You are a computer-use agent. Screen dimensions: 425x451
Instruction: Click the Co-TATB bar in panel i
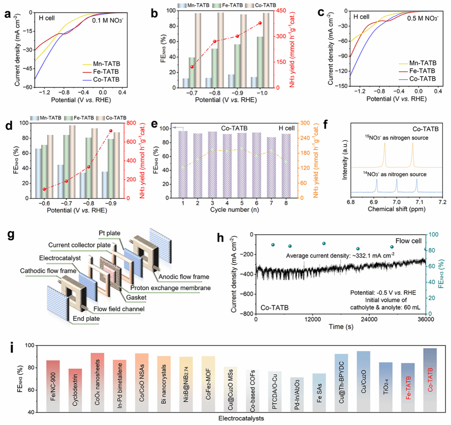[x=430, y=380]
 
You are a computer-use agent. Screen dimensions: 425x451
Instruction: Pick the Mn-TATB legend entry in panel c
[x=423, y=63]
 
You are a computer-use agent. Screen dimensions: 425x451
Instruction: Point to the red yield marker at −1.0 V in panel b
[x=260, y=23]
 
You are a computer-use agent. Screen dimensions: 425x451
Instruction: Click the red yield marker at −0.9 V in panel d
[x=111, y=131]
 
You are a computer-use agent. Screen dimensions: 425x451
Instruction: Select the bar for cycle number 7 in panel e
[x=271, y=167]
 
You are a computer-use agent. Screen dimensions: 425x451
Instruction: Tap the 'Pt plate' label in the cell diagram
[x=110, y=233]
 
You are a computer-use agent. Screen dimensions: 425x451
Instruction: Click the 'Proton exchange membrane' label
[x=170, y=288]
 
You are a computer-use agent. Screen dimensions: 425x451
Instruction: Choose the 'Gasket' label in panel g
[x=136, y=297]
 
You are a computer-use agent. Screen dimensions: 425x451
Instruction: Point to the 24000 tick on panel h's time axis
[x=369, y=320]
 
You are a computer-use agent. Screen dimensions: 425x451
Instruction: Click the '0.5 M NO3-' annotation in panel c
[x=423, y=18]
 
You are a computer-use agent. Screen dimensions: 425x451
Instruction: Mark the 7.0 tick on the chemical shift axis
[x=397, y=202]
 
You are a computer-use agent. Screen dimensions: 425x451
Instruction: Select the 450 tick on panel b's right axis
[x=281, y=11]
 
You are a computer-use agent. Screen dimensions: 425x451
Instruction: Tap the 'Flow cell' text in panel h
[x=408, y=241]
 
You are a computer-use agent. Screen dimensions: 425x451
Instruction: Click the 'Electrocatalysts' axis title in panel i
[x=241, y=418]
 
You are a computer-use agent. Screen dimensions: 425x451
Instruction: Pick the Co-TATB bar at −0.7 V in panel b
[x=198, y=50]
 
